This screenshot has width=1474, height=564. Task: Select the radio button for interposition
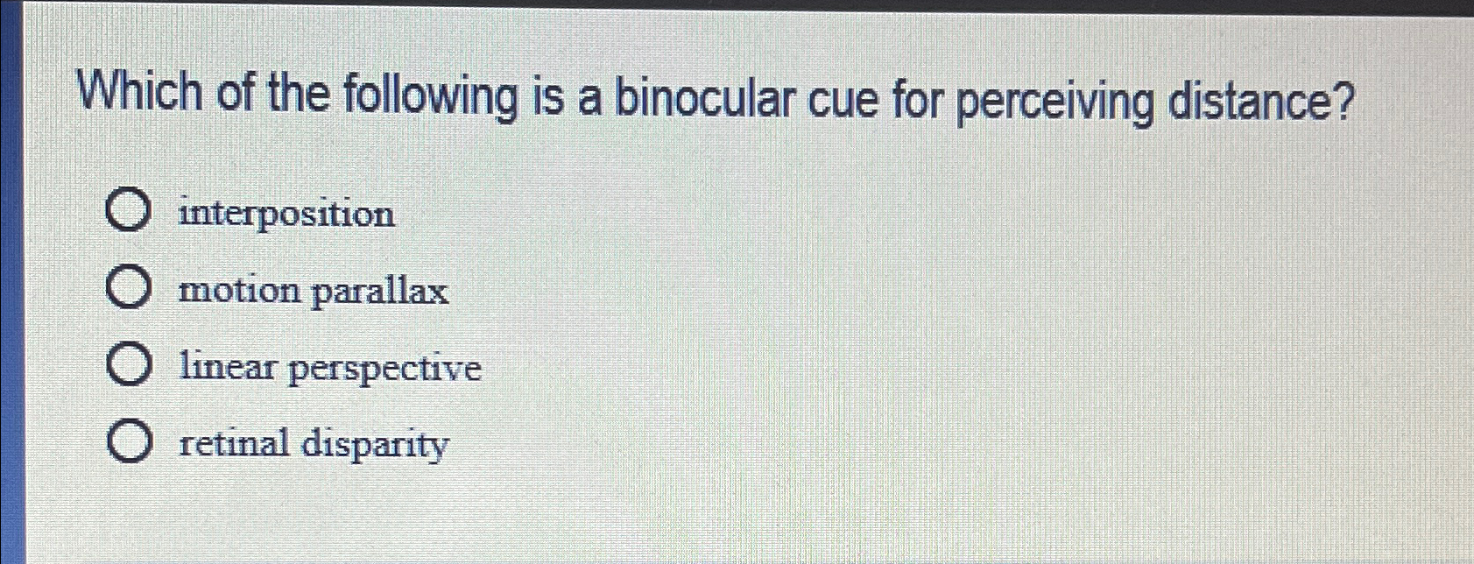(x=128, y=212)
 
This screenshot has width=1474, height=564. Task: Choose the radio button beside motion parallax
(x=128, y=289)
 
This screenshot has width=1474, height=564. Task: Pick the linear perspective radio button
(x=129, y=366)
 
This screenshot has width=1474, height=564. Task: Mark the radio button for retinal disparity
(x=129, y=442)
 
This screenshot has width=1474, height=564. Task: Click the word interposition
(x=286, y=214)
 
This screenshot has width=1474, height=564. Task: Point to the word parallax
(x=379, y=292)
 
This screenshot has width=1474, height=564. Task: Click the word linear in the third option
(x=227, y=367)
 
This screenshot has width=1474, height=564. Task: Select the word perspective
(x=384, y=370)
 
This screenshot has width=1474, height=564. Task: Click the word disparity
(x=374, y=445)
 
